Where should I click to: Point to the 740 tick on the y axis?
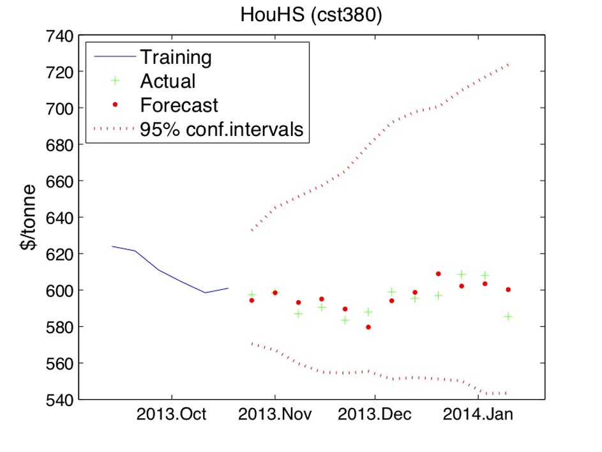coord(59,36)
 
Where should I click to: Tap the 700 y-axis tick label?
coord(59,109)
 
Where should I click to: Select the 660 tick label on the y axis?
coord(59,181)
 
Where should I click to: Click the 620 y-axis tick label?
coord(59,254)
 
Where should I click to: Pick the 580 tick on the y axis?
coord(59,327)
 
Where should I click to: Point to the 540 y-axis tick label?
coord(59,400)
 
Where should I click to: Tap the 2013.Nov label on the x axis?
coord(275,415)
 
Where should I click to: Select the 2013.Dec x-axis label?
coord(375,415)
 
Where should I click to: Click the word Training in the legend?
coord(176,57)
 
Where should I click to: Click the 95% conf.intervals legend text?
coord(221,129)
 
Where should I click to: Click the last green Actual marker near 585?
coord(508,316)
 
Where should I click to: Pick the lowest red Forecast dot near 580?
coord(368,327)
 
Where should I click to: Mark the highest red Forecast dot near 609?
coord(439,274)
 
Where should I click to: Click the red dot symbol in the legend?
coord(115,105)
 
